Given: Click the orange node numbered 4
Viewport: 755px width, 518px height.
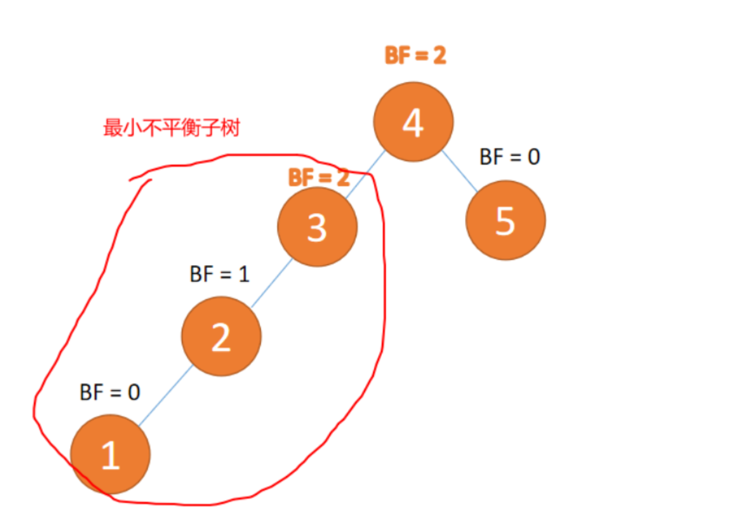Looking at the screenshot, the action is pyautogui.click(x=413, y=122).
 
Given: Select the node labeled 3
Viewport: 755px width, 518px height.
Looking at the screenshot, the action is pyautogui.click(x=317, y=227).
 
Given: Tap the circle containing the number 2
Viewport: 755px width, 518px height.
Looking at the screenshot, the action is pyautogui.click(x=221, y=336).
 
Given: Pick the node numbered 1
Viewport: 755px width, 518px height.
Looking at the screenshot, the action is pyautogui.click(x=110, y=454).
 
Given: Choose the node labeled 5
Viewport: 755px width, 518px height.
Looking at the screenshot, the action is pyautogui.click(x=505, y=220).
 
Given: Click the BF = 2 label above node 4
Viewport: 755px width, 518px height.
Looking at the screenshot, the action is pyautogui.click(x=415, y=56).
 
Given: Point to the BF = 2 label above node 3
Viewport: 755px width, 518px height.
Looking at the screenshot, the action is pyautogui.click(x=319, y=178).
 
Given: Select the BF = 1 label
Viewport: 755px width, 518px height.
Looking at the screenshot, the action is pyautogui.click(x=220, y=274).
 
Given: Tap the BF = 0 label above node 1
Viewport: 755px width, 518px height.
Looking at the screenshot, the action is pyautogui.click(x=110, y=392).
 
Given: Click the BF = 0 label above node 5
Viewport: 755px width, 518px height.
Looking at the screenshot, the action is pyautogui.click(x=510, y=156).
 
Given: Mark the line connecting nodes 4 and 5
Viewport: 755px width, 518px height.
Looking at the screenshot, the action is pyautogui.click(x=460, y=172).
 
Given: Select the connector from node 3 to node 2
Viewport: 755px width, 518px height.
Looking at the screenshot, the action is pyautogui.click(x=271, y=282).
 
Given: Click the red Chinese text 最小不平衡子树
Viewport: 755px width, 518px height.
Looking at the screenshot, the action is pyautogui.click(x=171, y=128).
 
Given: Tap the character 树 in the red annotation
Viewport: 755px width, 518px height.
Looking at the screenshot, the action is pyautogui.click(x=231, y=128).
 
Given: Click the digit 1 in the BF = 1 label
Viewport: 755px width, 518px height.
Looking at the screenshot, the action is pyautogui.click(x=243, y=274).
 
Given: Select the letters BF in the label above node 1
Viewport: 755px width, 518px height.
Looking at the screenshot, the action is pyautogui.click(x=92, y=392).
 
